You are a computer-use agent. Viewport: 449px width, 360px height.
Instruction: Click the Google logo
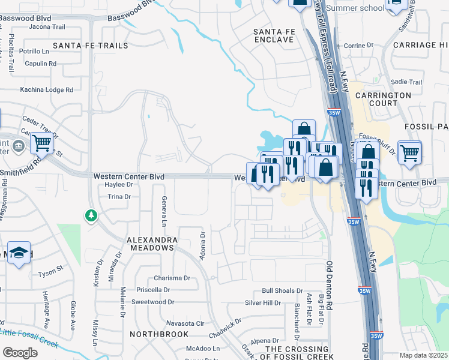20,353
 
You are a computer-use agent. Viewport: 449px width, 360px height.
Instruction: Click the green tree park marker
91,215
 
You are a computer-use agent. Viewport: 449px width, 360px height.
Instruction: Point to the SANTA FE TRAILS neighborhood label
91,46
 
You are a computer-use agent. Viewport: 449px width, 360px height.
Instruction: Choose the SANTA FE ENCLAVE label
274,35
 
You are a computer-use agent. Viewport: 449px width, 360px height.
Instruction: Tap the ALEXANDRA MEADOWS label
151,243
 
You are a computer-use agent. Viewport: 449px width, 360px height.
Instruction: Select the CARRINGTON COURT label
383,99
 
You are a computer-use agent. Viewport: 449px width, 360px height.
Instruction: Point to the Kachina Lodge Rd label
46,89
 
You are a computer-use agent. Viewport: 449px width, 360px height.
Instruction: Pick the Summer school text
355,8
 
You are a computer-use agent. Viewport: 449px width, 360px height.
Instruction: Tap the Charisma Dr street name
172,278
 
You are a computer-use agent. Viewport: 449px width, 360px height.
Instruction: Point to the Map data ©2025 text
423,355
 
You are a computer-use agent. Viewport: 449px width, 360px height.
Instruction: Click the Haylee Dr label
118,185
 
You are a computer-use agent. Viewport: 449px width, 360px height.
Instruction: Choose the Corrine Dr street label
358,45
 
